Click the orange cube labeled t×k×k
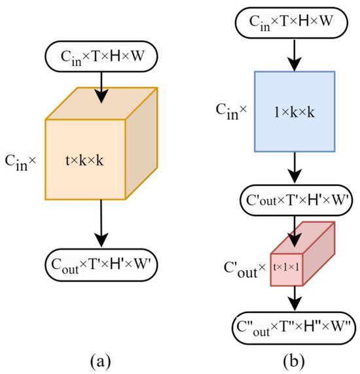coord(85,160)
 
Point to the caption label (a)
coord(101,360)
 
